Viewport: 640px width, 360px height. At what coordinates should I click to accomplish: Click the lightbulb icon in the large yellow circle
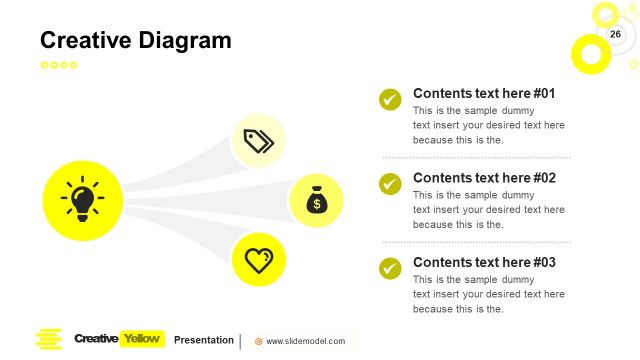coord(82,200)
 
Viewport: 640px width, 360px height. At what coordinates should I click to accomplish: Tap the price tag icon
coord(259,141)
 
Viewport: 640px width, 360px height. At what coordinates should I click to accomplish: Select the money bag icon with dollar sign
coord(316,200)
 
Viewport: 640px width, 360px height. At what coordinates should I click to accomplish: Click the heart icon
coord(259,260)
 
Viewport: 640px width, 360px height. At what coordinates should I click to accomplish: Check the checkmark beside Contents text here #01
coord(390,99)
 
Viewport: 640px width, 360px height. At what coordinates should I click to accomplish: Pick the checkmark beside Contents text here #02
coord(390,184)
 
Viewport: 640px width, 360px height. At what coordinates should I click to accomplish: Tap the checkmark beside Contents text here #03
coord(390,268)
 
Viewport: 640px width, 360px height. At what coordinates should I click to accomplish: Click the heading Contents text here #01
coord(484,93)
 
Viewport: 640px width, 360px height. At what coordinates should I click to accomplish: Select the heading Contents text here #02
coord(484,178)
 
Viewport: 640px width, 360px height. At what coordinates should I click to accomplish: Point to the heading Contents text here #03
coord(484,262)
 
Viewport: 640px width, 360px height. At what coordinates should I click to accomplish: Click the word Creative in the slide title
coord(85,41)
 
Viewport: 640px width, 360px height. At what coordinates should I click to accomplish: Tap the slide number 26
coord(615,35)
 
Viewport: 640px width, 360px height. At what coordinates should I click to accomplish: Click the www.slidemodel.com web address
coord(305,341)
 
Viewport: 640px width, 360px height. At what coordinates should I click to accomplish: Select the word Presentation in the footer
coord(204,340)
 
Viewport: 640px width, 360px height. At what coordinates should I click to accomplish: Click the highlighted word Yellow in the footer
coord(141,339)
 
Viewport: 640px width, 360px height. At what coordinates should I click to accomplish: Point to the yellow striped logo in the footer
coord(48,340)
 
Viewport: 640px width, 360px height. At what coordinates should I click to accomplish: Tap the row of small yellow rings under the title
coord(58,65)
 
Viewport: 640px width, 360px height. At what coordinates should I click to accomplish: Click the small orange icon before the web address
coord(259,341)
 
